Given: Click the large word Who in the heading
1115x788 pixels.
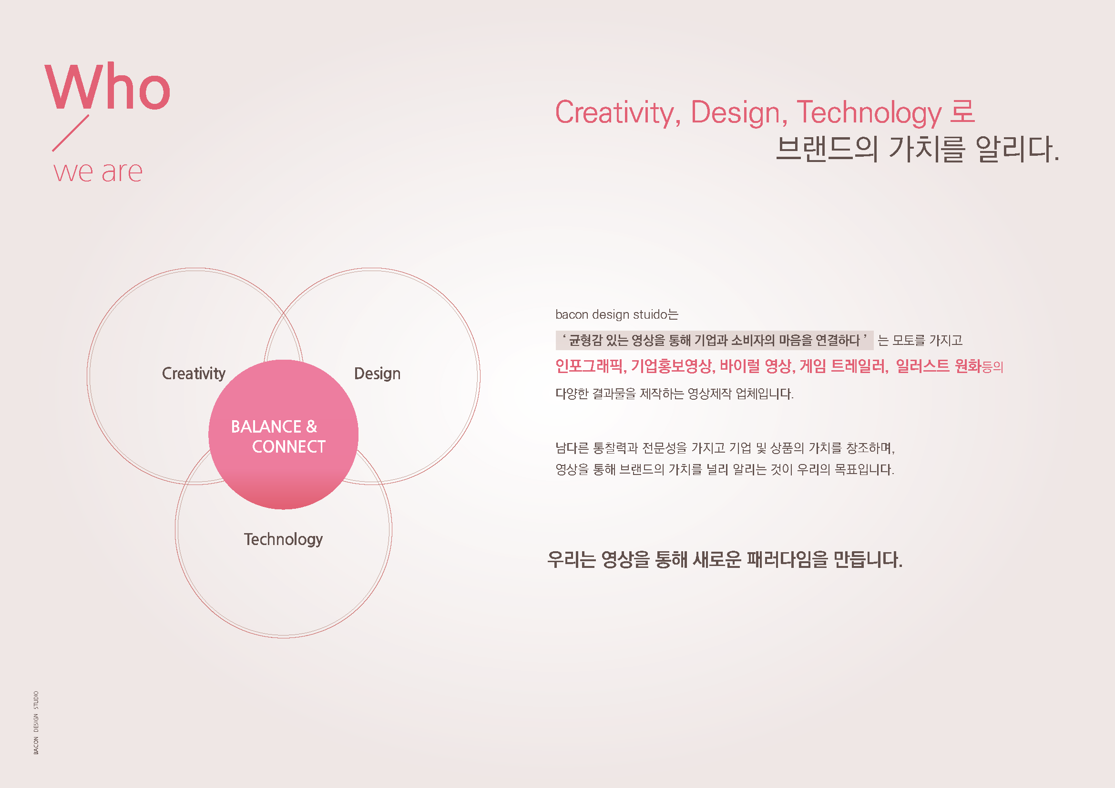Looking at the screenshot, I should tap(107, 87).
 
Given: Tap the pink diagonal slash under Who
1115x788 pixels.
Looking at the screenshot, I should tap(71, 132).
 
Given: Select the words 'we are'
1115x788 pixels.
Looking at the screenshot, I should tap(98, 172).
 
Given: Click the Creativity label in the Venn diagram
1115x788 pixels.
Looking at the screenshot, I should tap(193, 373).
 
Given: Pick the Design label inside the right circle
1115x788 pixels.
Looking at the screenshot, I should tap(378, 374).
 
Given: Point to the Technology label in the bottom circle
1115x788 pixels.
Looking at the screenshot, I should tap(283, 539).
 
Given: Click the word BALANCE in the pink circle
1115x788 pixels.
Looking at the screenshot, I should tap(266, 426).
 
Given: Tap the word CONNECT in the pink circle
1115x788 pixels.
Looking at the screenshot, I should tap(288, 447).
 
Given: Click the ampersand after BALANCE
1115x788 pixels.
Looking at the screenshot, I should tap(312, 426).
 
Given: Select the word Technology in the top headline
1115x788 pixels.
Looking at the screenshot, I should tap(869, 112).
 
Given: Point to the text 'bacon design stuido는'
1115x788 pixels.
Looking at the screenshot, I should tap(616, 314).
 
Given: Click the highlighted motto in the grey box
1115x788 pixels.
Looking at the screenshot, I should tap(714, 340).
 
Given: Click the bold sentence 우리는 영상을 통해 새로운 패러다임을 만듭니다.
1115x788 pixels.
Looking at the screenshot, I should tap(725, 559).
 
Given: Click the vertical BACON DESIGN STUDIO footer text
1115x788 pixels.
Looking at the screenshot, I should tap(36, 723).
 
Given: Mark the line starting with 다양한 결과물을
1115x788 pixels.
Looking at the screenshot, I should tap(674, 393).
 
